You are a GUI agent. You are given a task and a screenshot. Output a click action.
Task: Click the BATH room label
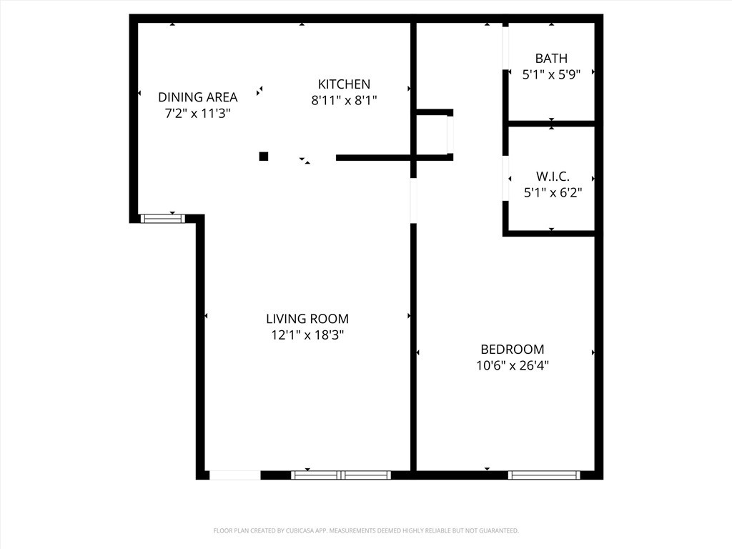pyautogui.click(x=551, y=59)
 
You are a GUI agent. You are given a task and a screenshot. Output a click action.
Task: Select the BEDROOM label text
pyautogui.click(x=512, y=350)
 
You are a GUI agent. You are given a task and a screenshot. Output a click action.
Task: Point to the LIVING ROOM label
pyautogui.click(x=307, y=319)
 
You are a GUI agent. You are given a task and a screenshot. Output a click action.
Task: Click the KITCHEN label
pyautogui.click(x=344, y=84)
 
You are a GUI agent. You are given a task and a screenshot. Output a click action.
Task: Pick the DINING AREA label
pyautogui.click(x=197, y=97)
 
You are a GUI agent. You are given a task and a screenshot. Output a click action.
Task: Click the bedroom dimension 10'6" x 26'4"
pyautogui.click(x=512, y=365)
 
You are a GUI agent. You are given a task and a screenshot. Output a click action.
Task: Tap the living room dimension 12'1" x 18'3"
pyautogui.click(x=307, y=335)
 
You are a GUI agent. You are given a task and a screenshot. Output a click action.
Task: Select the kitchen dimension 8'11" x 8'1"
pyautogui.click(x=344, y=101)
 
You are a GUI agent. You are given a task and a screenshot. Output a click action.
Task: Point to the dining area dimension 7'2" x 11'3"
pyautogui.click(x=197, y=113)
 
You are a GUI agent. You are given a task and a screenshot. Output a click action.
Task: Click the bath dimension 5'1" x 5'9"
pyautogui.click(x=551, y=74)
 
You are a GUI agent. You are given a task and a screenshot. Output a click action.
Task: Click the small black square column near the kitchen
pyautogui.click(x=264, y=157)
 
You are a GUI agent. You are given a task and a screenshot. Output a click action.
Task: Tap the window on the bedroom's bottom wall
pyautogui.click(x=544, y=475)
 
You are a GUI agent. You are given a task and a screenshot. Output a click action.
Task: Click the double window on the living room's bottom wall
pyautogui.click(x=341, y=475)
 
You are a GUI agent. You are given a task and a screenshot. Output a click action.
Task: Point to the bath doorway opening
pyautogui.click(x=505, y=48)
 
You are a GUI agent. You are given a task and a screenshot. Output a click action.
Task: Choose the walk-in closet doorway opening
pyautogui.click(x=505, y=179)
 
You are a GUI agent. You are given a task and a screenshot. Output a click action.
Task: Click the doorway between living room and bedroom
pyautogui.click(x=413, y=200)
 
